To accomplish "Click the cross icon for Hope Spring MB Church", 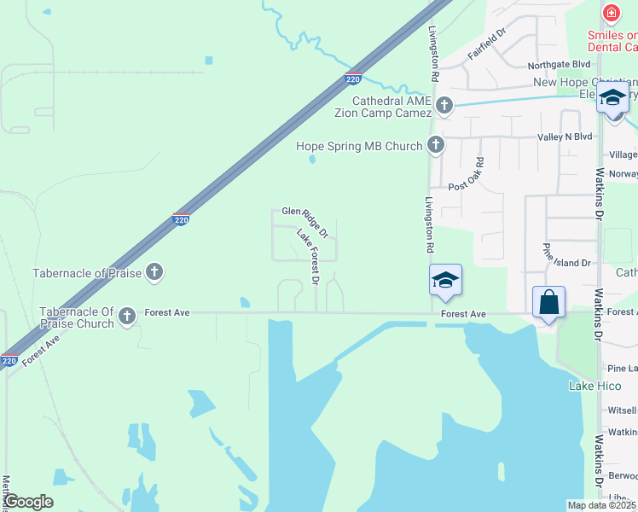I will point(436,145).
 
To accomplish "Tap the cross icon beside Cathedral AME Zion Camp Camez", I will point(444,106).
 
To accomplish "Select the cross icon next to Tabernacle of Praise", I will point(154,273).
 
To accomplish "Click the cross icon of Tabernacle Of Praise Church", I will point(127,317).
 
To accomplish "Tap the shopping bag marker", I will point(548,303).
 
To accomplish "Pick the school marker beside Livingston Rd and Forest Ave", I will point(444,281).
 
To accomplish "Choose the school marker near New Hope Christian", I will point(612,99).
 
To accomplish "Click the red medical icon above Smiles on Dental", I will point(611,14).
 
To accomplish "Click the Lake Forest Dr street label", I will point(308,256).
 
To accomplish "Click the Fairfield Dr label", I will point(487,44).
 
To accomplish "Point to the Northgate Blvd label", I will point(559,65).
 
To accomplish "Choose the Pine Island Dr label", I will point(567,263).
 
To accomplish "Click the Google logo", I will point(28,502).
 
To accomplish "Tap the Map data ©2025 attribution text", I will point(601,505).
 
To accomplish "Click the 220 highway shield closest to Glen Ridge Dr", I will point(181,219).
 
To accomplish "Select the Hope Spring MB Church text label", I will point(359,146).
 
